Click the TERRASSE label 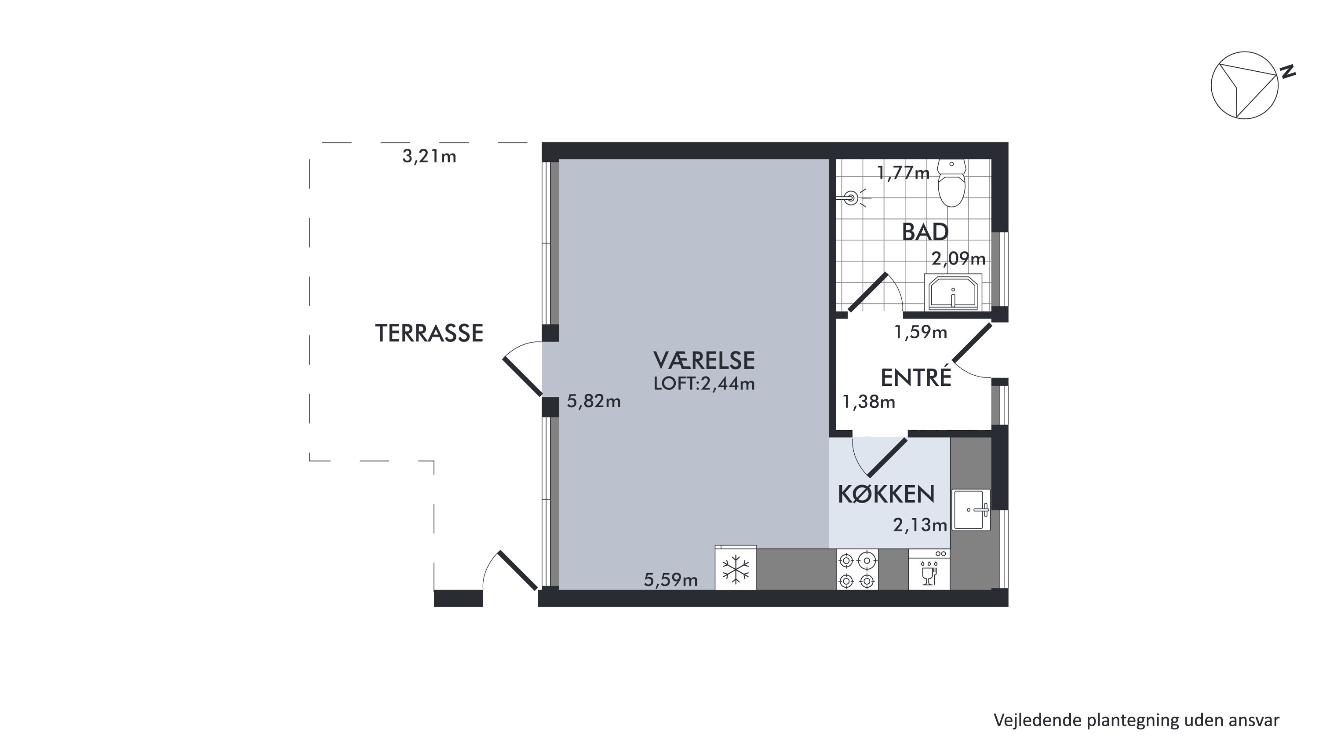click(x=429, y=333)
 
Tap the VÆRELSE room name click(x=704, y=361)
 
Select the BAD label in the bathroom click(x=925, y=232)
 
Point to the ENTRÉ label click(x=915, y=377)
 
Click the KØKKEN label click(x=886, y=494)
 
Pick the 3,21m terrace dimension click(x=429, y=156)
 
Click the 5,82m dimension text click(x=594, y=401)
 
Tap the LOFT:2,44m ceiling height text click(x=704, y=384)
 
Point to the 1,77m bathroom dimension click(x=903, y=173)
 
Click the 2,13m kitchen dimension click(x=920, y=525)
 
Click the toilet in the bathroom click(x=951, y=183)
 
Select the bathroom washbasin click(x=953, y=293)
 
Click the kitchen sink click(x=971, y=510)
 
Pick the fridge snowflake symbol click(x=736, y=570)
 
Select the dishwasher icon click(x=929, y=570)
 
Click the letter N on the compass click(x=1288, y=72)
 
